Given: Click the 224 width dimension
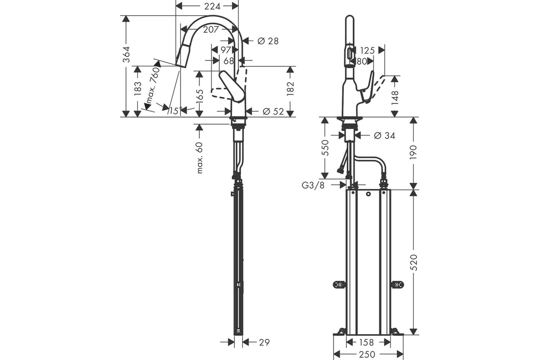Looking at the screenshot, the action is [x=212, y=6].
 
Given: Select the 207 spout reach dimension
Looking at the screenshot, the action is [x=211, y=30].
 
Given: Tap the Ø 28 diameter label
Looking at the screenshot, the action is [x=268, y=41].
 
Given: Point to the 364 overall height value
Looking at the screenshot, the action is [x=126, y=54].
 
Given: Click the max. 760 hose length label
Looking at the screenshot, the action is [x=153, y=85].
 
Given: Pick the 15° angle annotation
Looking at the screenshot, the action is [x=175, y=111].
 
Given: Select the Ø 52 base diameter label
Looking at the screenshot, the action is [x=273, y=112].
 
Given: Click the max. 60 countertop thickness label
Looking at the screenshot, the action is [x=200, y=158].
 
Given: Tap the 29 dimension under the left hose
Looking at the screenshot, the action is [x=264, y=342].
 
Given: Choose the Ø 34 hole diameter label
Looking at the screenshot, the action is [x=384, y=136].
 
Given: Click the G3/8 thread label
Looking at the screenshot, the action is [x=313, y=185].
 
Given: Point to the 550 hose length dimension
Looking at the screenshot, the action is [x=325, y=148].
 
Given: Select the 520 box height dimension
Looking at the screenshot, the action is [x=414, y=262].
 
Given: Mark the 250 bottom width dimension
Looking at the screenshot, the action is [x=367, y=355].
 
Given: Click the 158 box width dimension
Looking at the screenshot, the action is [x=366, y=342].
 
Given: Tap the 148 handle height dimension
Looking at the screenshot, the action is [x=395, y=98].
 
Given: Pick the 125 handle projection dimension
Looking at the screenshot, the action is [x=367, y=51].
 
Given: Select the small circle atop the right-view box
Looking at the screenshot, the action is [x=368, y=194].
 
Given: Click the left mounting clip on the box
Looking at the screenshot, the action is [x=339, y=285].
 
